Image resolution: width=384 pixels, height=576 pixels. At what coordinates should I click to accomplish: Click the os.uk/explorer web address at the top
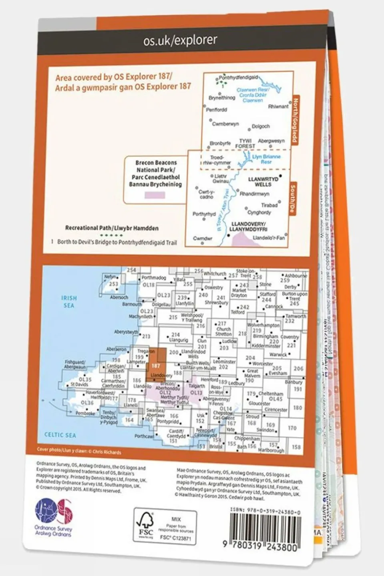click(x=180, y=40)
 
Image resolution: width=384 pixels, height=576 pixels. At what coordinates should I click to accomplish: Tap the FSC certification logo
click(x=145, y=524)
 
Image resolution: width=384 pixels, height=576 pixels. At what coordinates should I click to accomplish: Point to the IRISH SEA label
click(x=69, y=301)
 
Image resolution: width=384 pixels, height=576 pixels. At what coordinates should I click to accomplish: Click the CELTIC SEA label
click(x=60, y=435)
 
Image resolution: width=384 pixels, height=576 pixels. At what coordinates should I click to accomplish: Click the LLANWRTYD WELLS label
click(x=263, y=182)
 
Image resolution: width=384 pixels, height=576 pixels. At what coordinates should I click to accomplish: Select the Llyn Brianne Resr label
click(x=266, y=159)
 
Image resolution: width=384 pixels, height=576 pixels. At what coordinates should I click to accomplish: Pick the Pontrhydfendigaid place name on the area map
click(x=239, y=77)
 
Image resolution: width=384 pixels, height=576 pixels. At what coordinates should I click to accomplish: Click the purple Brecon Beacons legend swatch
click(x=154, y=195)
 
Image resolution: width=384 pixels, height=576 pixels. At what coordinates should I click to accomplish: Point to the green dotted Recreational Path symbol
click(x=111, y=235)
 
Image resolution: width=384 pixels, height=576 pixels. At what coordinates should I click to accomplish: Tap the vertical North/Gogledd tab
click(x=295, y=120)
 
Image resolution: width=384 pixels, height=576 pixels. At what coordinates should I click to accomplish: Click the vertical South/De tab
click(x=293, y=199)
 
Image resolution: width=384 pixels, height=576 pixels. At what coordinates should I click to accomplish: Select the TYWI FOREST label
click(x=245, y=143)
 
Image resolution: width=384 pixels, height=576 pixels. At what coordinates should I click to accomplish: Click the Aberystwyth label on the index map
click(x=126, y=332)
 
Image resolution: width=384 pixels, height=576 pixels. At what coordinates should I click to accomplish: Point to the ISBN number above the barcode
click(x=265, y=512)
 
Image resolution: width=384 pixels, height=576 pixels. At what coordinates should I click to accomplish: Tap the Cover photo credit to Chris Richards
click(x=79, y=451)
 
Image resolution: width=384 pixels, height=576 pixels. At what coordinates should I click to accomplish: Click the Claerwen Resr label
click(x=253, y=95)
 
